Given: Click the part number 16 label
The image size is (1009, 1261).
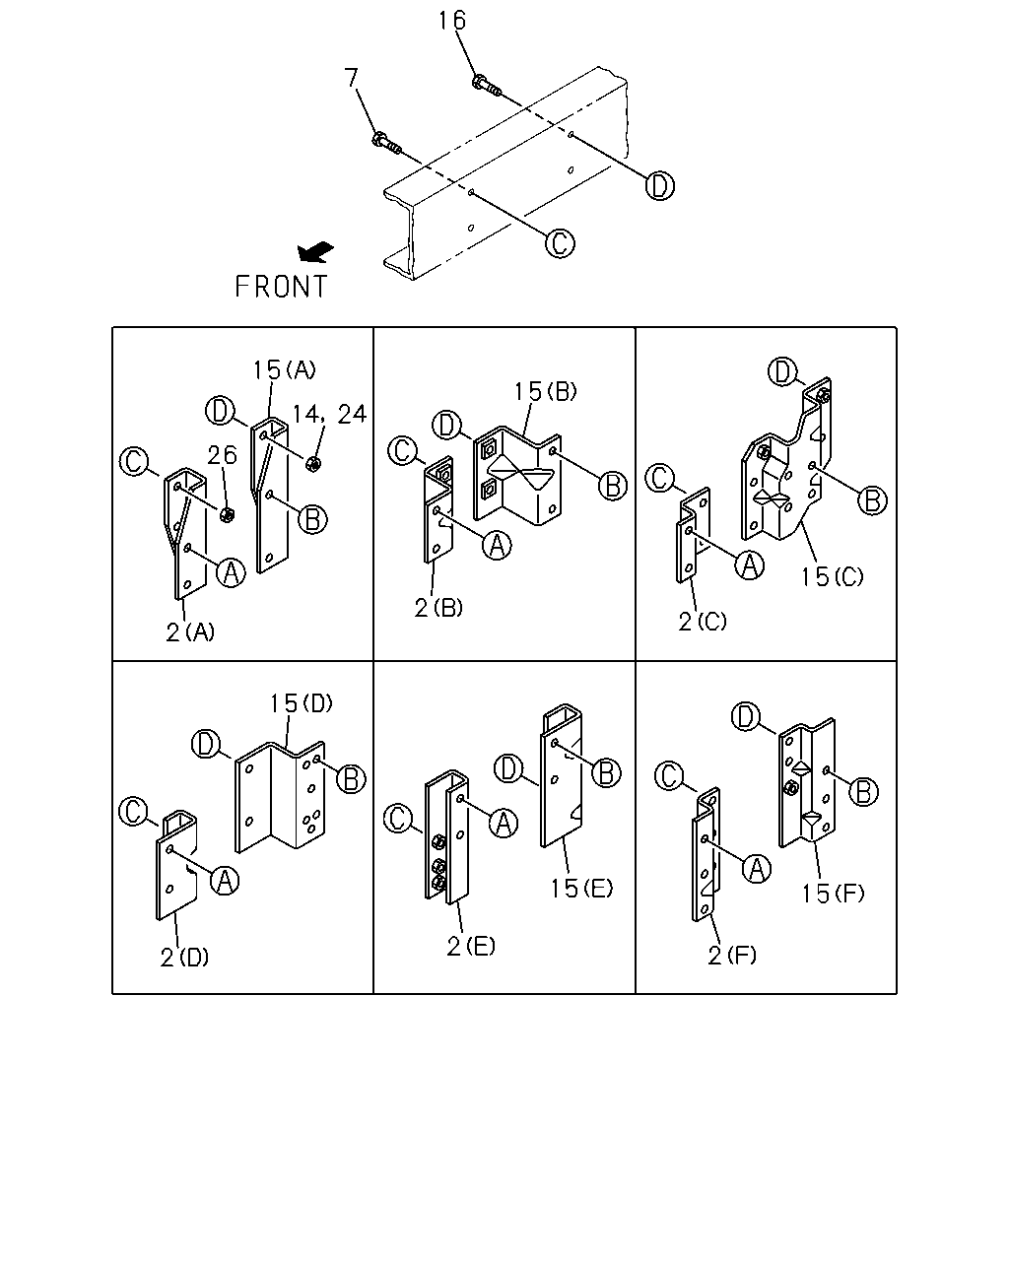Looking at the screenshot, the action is [452, 21].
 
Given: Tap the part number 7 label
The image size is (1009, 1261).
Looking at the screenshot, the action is [351, 78].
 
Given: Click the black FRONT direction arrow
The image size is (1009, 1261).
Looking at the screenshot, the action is [315, 252].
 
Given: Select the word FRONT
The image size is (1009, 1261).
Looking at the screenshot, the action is [281, 287].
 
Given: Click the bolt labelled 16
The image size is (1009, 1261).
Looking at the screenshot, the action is [486, 85].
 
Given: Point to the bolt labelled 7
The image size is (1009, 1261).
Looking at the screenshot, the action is [386, 144].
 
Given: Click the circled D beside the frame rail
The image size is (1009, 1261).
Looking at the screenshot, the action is [659, 186].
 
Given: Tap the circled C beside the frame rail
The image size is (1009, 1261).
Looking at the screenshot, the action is [560, 243].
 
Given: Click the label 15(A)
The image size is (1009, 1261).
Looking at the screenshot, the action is [285, 369].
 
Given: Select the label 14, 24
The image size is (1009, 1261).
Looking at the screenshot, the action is [329, 415].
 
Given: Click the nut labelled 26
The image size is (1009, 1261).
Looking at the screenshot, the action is [227, 515].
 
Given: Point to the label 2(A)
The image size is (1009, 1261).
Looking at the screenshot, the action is [190, 632].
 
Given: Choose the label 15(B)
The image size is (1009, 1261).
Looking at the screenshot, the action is [545, 391].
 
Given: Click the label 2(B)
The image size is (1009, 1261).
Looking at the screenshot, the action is [438, 608].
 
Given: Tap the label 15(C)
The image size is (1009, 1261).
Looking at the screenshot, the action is [832, 577].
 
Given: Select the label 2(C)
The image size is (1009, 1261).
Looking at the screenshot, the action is [703, 622].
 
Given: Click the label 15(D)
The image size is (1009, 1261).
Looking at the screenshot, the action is [301, 703].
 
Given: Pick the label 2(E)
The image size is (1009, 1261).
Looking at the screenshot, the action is [471, 947].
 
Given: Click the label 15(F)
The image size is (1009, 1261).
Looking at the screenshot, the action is [833, 894].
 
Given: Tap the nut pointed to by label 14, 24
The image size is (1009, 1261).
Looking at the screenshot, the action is [313, 464].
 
